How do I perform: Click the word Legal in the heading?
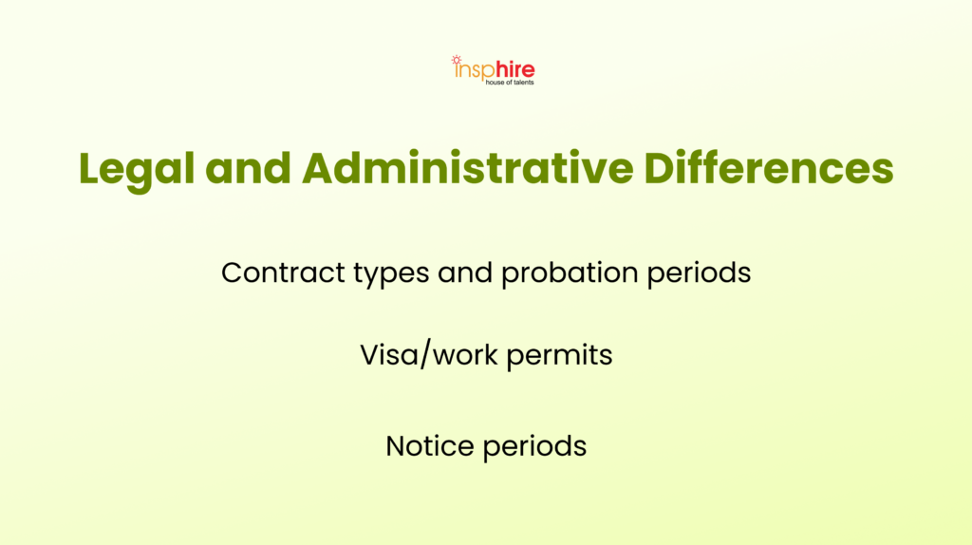137,170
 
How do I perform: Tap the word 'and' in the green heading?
248,168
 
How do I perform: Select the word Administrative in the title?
467,168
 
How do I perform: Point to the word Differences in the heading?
769,168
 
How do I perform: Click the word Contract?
283,272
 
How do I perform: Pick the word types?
391,275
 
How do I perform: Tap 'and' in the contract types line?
465,272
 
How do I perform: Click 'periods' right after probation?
700,274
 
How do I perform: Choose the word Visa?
388,355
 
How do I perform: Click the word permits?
559,356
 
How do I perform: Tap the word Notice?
430,446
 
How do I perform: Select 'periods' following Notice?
535,447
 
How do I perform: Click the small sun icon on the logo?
457,60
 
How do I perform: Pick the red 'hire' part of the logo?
514,70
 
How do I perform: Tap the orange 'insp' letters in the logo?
474,71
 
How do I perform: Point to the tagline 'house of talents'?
510,83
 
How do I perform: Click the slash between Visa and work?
424,355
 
